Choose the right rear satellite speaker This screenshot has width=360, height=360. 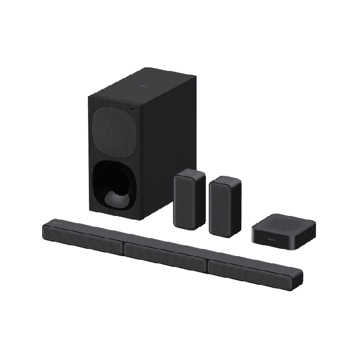tap(225, 206)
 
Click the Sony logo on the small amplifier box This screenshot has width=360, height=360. tap(271, 239)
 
